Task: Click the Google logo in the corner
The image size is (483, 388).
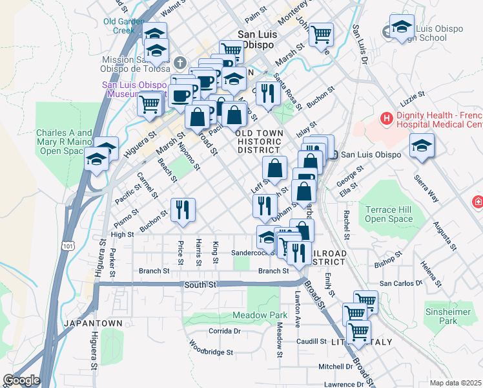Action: (x=21, y=380)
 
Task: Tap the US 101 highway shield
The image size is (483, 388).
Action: (x=68, y=246)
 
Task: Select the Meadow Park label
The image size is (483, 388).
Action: (x=260, y=316)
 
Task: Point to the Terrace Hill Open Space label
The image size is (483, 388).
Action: (x=389, y=215)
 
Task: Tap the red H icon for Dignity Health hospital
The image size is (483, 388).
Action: (x=387, y=118)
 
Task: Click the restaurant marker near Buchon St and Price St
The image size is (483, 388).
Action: (x=183, y=210)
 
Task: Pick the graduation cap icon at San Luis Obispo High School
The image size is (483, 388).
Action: (x=401, y=28)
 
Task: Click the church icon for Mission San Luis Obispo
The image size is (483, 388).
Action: (x=180, y=63)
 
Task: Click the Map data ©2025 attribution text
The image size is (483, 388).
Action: (x=456, y=383)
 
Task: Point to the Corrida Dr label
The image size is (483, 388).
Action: (x=224, y=330)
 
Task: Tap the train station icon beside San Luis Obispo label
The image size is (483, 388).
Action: (x=334, y=155)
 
